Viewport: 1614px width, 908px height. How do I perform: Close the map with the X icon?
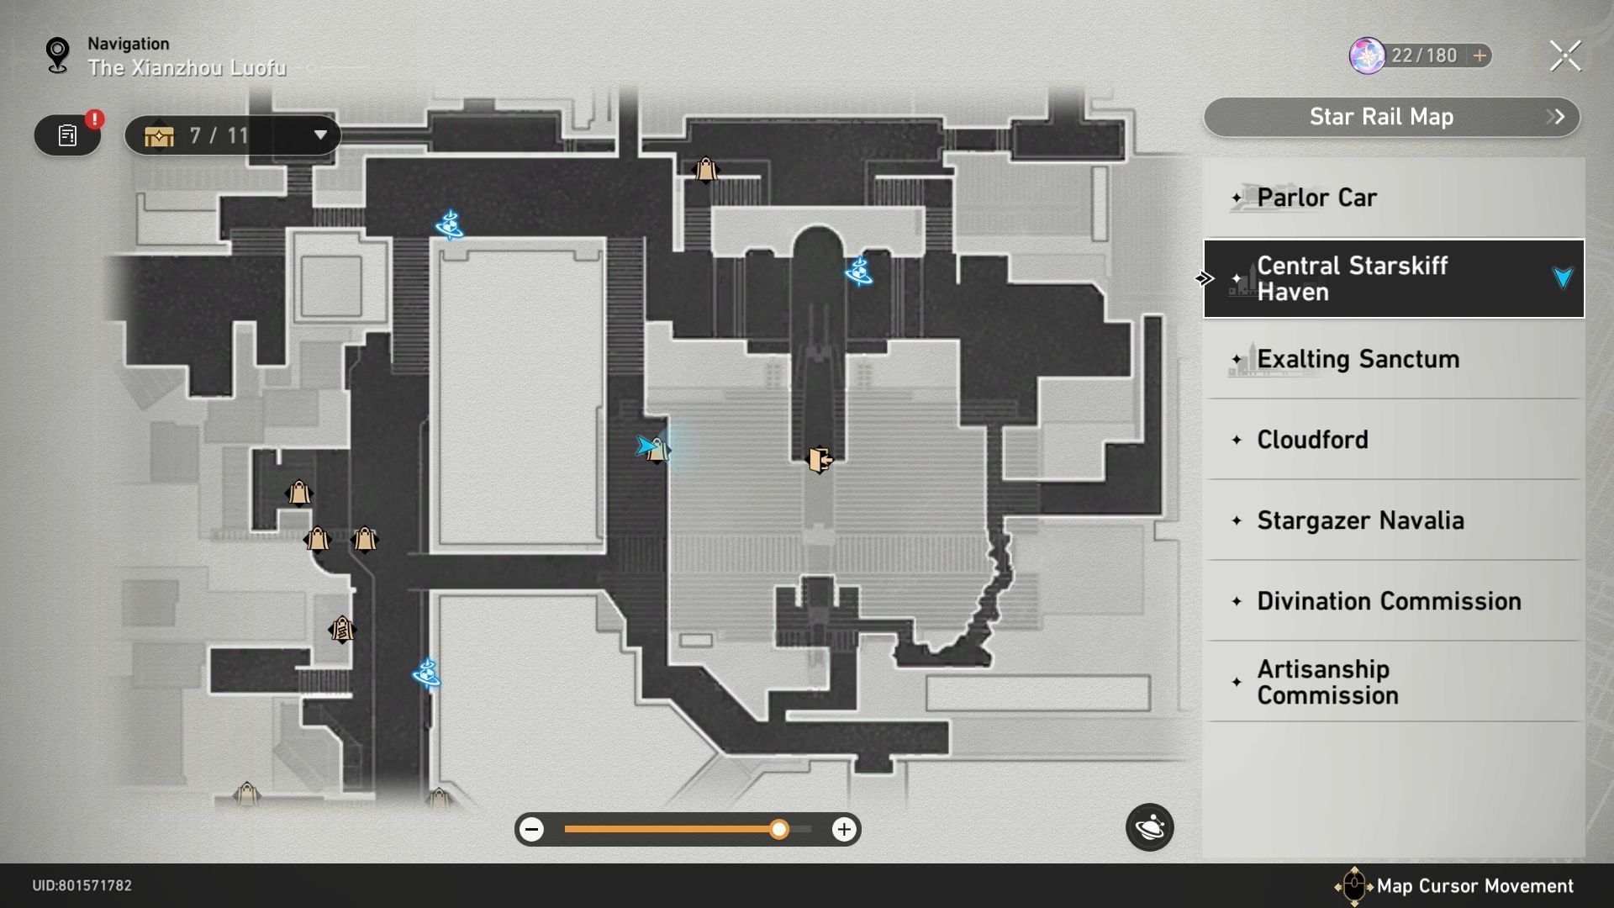pyautogui.click(x=1565, y=56)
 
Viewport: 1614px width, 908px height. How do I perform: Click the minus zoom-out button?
pyautogui.click(x=531, y=830)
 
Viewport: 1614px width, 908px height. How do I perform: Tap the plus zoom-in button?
pyautogui.click(x=844, y=830)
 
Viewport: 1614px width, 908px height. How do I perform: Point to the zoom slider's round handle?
pyautogui.click(x=779, y=830)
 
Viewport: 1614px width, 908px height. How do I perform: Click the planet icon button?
pyautogui.click(x=1149, y=828)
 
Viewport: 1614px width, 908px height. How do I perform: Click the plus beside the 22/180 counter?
pyautogui.click(x=1479, y=55)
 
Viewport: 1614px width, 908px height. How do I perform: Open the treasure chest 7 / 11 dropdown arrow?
pyautogui.click(x=320, y=135)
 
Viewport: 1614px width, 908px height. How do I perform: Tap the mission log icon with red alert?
pyautogui.click(x=67, y=135)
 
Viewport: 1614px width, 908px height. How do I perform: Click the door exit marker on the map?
pyautogui.click(x=820, y=459)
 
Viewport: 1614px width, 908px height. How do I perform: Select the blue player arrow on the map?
pyautogui.click(x=646, y=446)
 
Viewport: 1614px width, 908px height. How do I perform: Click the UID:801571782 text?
pyautogui.click(x=82, y=885)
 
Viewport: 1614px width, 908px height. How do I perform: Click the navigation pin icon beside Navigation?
pyautogui.click(x=57, y=55)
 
